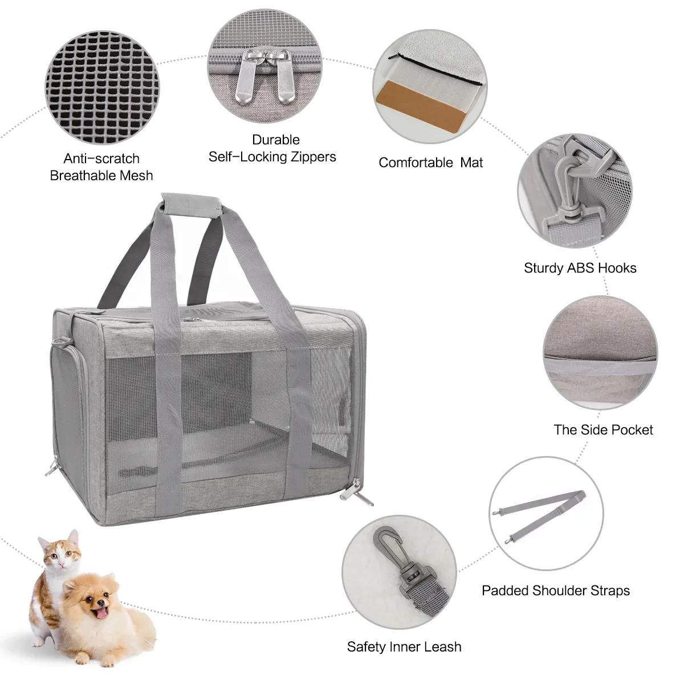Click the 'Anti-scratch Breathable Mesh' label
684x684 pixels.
[x=101, y=166]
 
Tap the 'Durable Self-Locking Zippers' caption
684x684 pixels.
[x=272, y=148]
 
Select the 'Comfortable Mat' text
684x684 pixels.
[x=430, y=162]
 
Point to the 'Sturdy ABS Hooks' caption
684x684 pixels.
[x=580, y=268]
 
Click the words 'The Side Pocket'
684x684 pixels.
[x=603, y=430]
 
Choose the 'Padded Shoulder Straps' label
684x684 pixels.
[x=556, y=591]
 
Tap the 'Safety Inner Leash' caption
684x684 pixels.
[x=404, y=647]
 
